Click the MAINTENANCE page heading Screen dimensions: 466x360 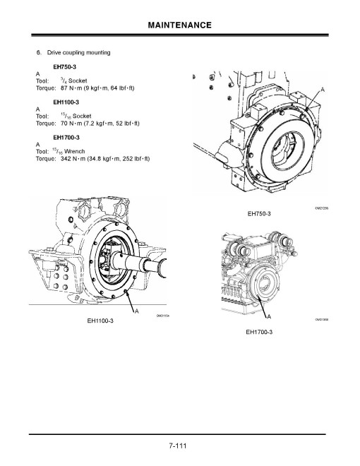pos(180,25)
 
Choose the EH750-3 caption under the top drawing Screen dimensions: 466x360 pos(259,213)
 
